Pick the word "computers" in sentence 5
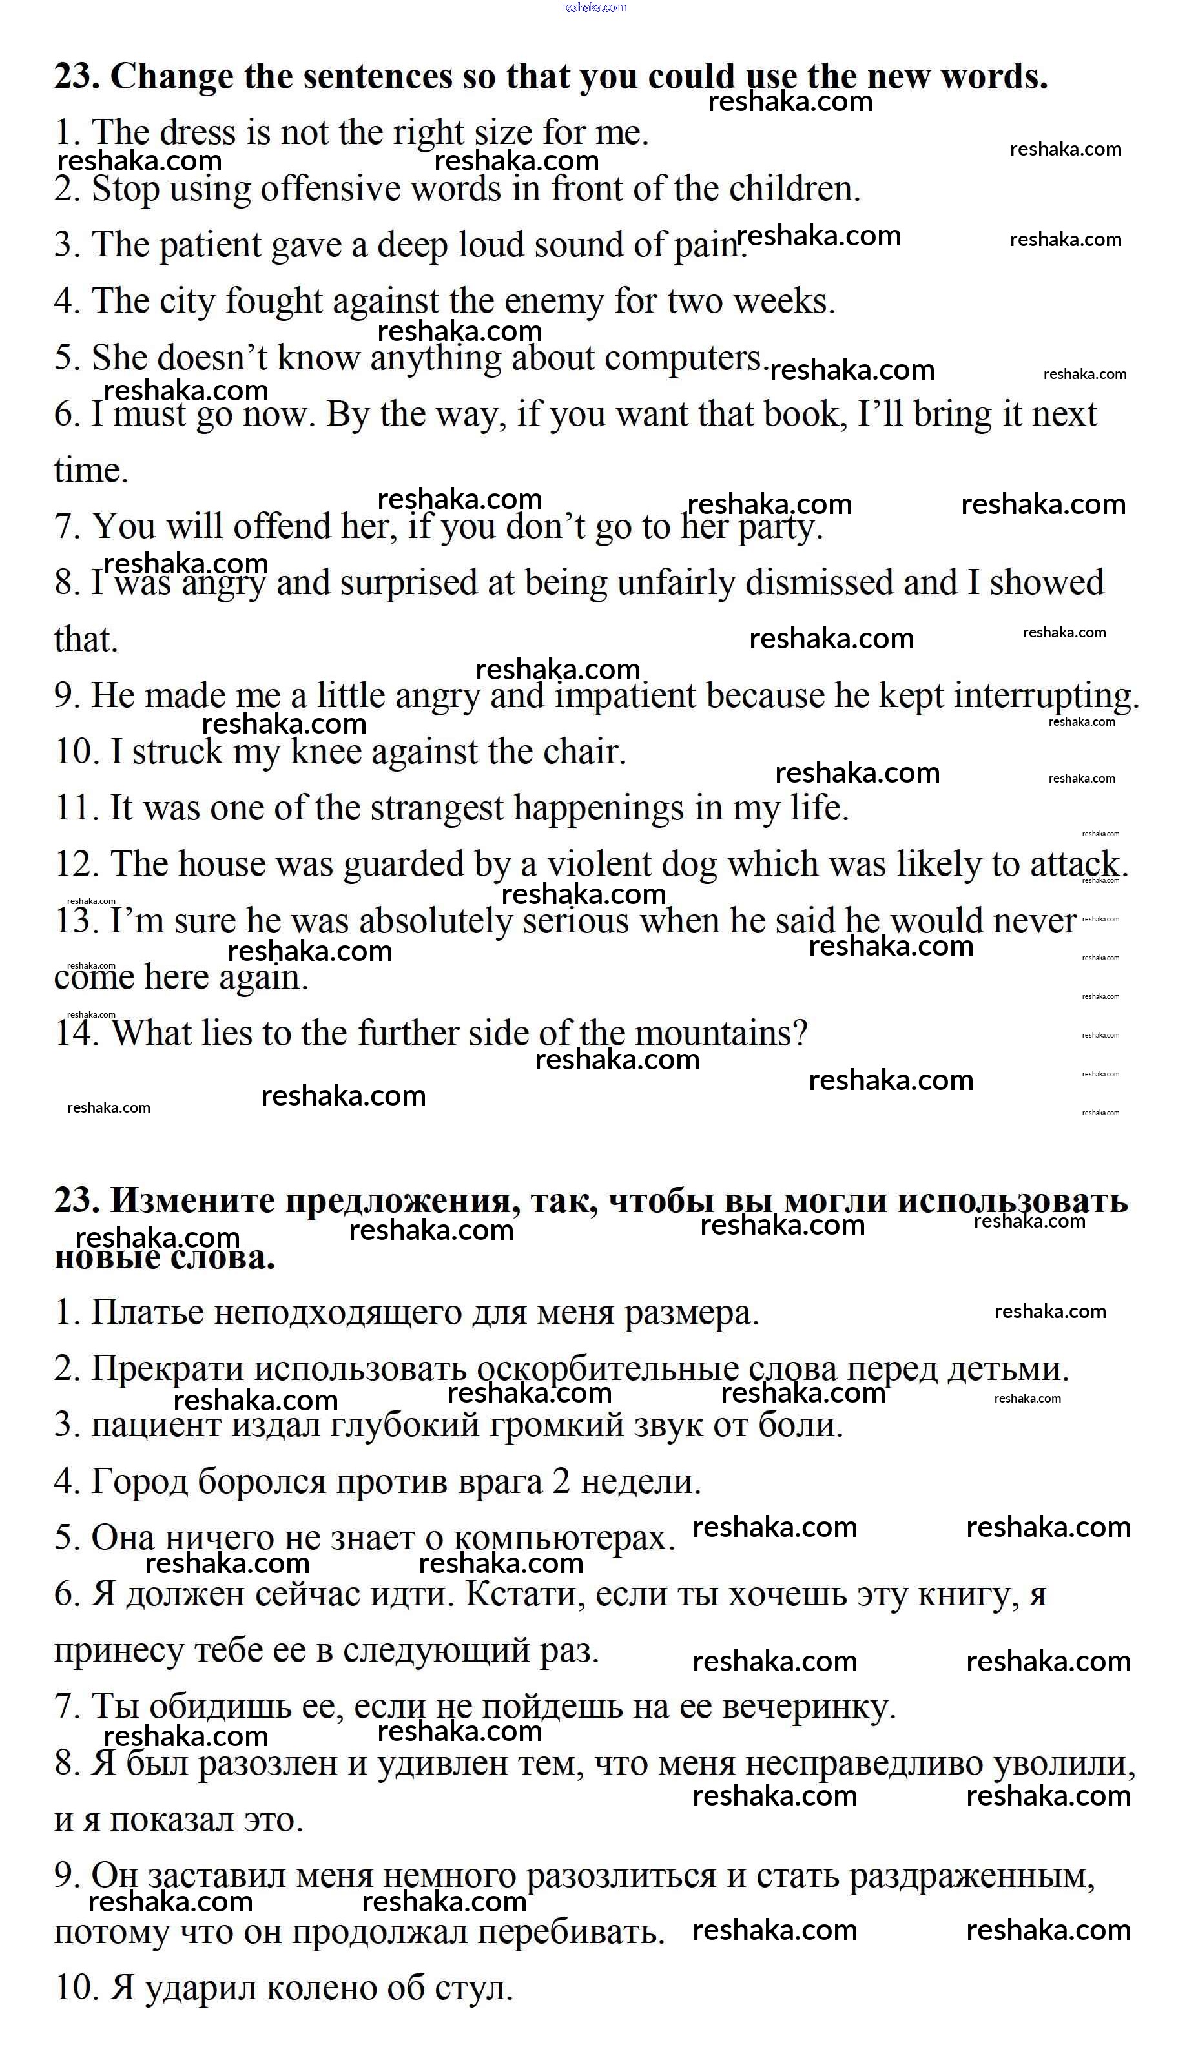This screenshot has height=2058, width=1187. [x=683, y=358]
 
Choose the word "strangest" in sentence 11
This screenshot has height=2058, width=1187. [x=437, y=808]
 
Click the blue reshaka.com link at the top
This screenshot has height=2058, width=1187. [x=593, y=7]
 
